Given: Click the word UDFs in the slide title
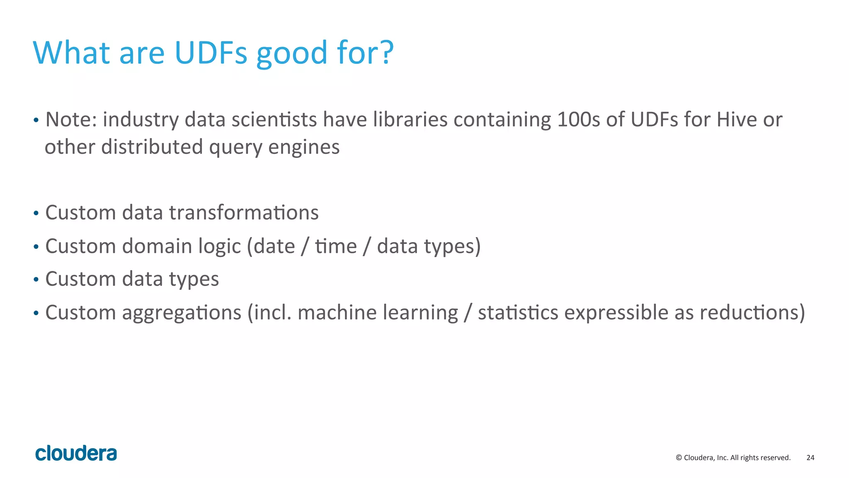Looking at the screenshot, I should click(211, 53).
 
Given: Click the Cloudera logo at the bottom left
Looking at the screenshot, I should click(76, 454).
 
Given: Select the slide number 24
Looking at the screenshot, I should click(810, 458).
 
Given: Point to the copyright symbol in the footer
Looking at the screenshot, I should click(679, 458).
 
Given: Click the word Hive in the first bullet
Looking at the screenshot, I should click(737, 120).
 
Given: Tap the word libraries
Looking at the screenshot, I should click(410, 120).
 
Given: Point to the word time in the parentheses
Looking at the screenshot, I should click(336, 246).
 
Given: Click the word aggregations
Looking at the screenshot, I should click(182, 313).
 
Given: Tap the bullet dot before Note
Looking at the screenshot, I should click(36, 121).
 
